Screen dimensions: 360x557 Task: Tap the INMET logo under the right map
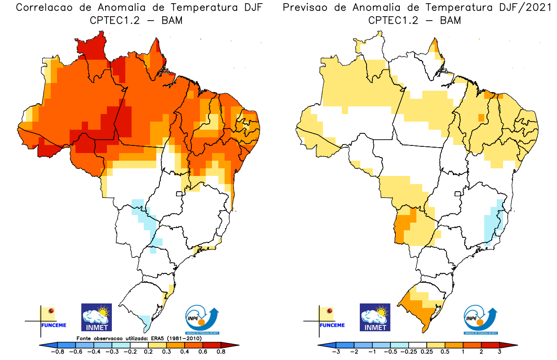(375, 317)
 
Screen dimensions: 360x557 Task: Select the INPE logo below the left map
(202, 320)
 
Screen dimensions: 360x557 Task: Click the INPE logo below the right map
(481, 320)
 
